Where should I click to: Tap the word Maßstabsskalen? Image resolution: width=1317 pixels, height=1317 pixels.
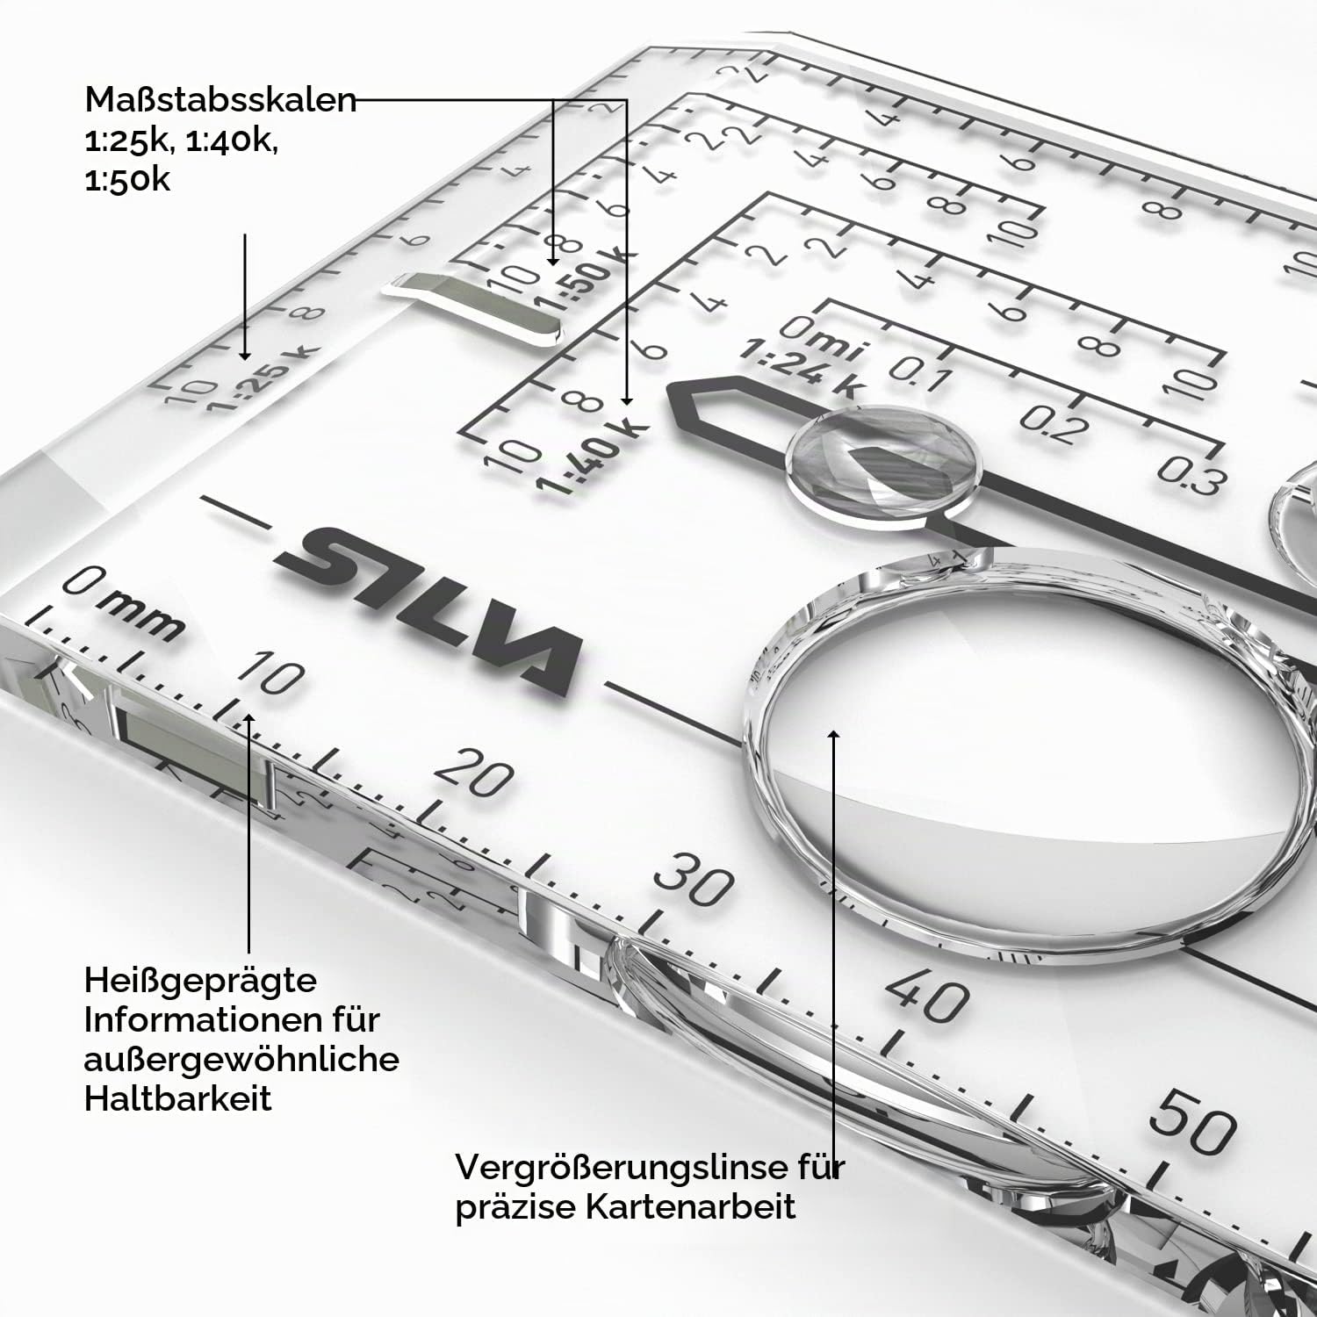pyautogui.click(x=221, y=100)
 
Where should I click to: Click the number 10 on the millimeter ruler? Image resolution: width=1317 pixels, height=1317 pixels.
pyautogui.click(x=271, y=674)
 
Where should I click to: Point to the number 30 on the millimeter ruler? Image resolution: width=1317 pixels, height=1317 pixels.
pyautogui.click(x=693, y=879)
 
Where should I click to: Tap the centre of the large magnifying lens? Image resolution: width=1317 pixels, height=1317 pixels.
pyautogui.click(x=1036, y=755)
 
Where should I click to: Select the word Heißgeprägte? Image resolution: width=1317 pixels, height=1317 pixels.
pyautogui.click(x=200, y=980)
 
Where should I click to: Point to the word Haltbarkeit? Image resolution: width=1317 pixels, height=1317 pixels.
pyautogui.click(x=178, y=1097)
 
